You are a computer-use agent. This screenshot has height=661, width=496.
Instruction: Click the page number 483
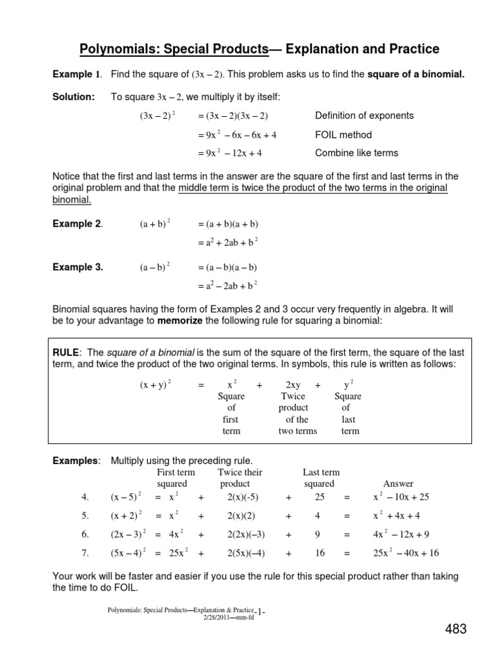pyautogui.click(x=455, y=629)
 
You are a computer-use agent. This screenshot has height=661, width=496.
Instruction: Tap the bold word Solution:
pyautogui.click(x=73, y=97)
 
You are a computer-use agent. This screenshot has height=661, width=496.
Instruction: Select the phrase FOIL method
pyautogui.click(x=343, y=135)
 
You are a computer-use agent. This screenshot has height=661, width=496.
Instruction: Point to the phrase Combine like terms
pyautogui.click(x=356, y=153)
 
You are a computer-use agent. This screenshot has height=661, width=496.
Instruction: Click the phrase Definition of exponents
pyautogui.click(x=364, y=116)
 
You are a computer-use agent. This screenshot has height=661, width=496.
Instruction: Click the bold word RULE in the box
pyautogui.click(x=66, y=352)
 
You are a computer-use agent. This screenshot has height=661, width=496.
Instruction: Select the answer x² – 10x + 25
pyautogui.click(x=400, y=497)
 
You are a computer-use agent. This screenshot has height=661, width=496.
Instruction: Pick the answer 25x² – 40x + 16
pyautogui.click(x=406, y=553)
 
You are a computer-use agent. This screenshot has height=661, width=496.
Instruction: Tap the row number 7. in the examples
pyautogui.click(x=85, y=553)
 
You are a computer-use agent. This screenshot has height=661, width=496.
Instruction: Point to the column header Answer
pyautogui.click(x=398, y=483)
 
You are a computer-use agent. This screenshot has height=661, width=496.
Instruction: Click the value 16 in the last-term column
pyautogui.click(x=320, y=553)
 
